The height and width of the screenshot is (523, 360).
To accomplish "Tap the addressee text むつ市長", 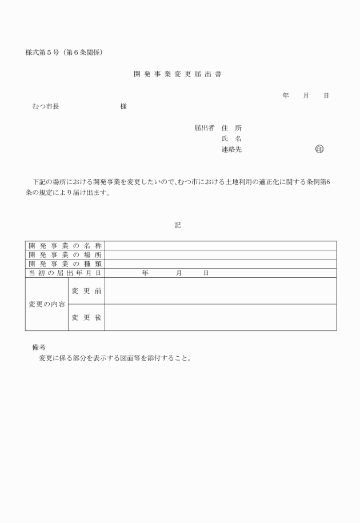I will tap(46, 106).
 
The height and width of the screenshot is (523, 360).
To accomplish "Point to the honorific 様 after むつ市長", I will tap(123, 106).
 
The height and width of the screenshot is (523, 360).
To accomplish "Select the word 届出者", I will tap(204, 128).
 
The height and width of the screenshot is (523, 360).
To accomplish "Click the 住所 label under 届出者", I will tap(231, 128).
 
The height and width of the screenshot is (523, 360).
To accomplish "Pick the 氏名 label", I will tap(231, 139).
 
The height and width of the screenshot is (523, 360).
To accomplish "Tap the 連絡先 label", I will tap(231, 150).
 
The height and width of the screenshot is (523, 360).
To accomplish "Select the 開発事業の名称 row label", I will tap(65, 246).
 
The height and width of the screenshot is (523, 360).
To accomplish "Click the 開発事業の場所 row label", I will tap(65, 255).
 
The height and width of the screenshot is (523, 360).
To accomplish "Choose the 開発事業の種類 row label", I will tap(65, 264).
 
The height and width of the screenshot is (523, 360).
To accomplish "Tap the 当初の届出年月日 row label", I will tap(65, 273).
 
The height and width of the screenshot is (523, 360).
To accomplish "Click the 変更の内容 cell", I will tap(47, 304).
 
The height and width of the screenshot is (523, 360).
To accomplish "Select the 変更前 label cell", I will tap(87, 291).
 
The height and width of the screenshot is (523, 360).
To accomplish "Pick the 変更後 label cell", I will tap(87, 317).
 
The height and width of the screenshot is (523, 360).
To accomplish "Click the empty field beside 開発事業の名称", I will tap(220, 246).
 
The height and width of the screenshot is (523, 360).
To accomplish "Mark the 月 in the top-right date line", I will tap(306, 95).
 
